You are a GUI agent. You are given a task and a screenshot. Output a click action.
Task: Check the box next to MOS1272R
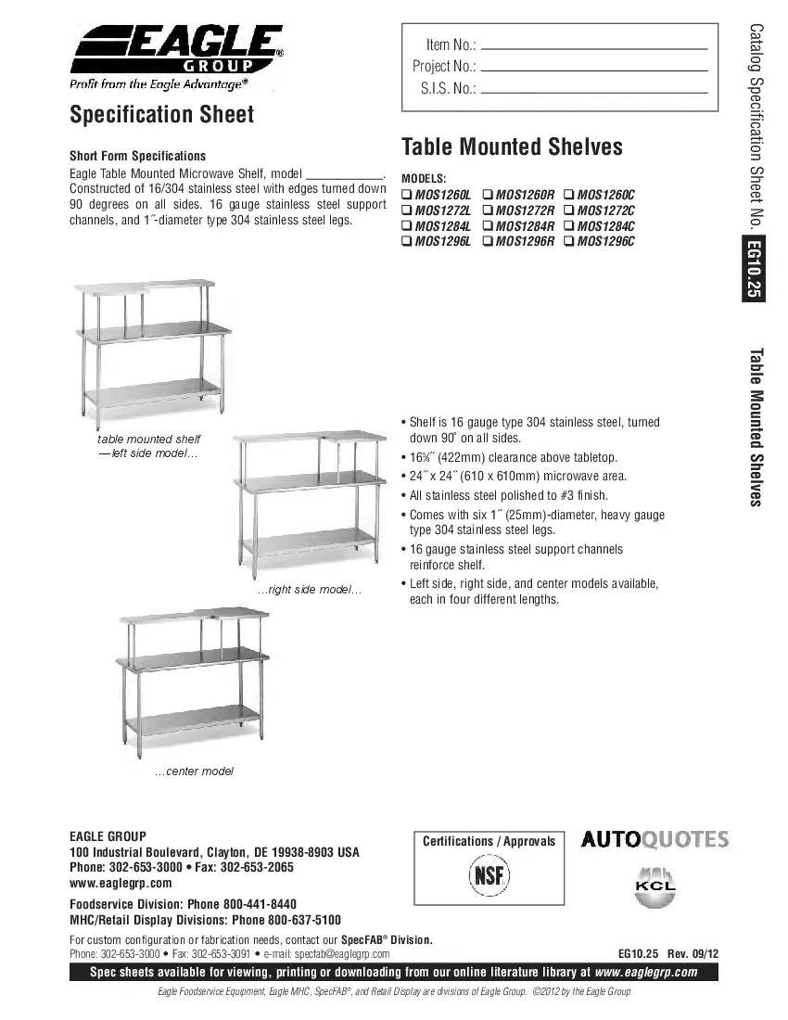pyautogui.click(x=488, y=210)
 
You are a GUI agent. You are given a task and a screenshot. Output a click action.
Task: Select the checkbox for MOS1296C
pyautogui.click(x=568, y=241)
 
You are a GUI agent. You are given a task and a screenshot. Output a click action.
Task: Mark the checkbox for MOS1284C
pyautogui.click(x=568, y=226)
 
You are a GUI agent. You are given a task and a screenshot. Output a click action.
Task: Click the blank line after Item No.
pyautogui.click(x=594, y=46)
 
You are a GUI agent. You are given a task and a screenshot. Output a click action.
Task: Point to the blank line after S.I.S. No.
pyautogui.click(x=594, y=91)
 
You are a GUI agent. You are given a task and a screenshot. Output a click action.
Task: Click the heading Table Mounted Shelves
pyautogui.click(x=512, y=147)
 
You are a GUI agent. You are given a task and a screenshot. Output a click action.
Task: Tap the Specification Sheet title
pyautogui.click(x=161, y=114)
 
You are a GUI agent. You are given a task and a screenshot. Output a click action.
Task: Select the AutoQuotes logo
pyautogui.click(x=655, y=840)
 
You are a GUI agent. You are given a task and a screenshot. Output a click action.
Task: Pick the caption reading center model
pyautogui.click(x=194, y=771)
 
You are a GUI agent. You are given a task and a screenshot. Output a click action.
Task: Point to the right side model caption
pyautogui.click(x=309, y=591)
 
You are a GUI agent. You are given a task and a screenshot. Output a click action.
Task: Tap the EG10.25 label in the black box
pyautogui.click(x=753, y=270)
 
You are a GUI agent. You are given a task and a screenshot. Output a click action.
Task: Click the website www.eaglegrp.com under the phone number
pyautogui.click(x=121, y=883)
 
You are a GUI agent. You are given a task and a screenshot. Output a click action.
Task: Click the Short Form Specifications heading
pyautogui.click(x=138, y=156)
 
